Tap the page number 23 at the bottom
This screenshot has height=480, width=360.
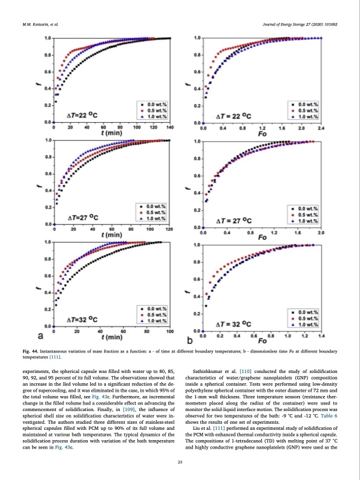coord(180,462)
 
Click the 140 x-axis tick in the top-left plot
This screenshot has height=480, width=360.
coord(169,128)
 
